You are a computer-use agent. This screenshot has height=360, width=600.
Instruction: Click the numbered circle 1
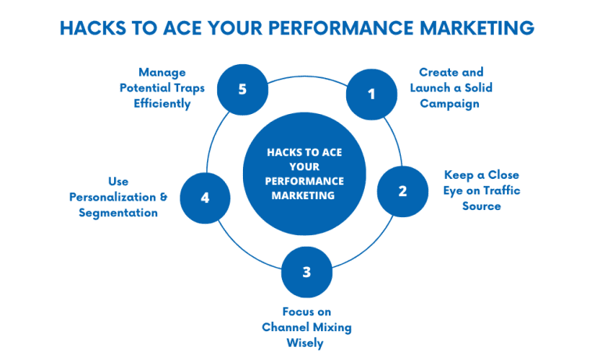pos(372,94)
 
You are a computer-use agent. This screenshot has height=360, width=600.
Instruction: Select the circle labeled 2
pos(402,191)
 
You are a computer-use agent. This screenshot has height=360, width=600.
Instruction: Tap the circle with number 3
pos(307,272)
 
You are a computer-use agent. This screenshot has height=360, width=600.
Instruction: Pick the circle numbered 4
pos(205,198)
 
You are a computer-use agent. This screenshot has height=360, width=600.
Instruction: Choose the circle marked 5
pos(242,89)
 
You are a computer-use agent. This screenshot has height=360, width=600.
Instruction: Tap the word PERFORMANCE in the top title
pos(345,28)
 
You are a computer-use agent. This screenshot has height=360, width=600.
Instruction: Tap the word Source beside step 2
pos(480,206)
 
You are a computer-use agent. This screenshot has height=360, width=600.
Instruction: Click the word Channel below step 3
pos(287,327)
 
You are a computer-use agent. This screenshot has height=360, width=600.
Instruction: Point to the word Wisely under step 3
pos(306,343)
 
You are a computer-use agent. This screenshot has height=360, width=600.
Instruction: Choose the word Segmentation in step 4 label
pos(119,212)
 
